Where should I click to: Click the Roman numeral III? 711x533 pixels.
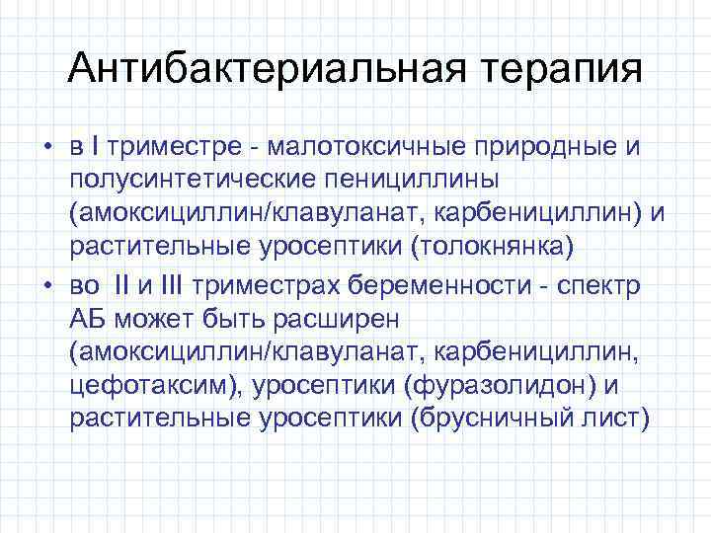(x=172, y=287)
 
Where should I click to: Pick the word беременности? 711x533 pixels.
(x=450, y=287)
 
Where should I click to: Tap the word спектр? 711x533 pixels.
(x=604, y=287)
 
